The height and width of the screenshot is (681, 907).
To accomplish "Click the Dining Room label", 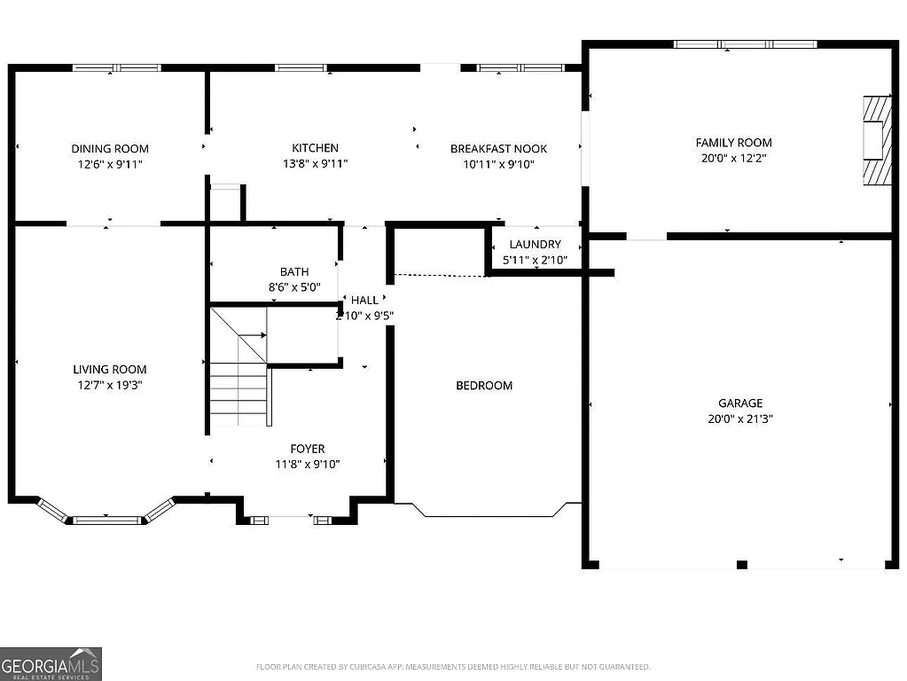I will click(x=110, y=149).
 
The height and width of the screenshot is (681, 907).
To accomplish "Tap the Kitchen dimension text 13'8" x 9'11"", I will click(x=315, y=163).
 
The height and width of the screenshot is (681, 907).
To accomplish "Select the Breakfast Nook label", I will click(x=498, y=149).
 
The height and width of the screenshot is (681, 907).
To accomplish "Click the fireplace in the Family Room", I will click(x=876, y=139).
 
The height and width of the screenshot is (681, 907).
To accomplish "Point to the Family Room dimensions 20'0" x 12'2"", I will click(x=733, y=158).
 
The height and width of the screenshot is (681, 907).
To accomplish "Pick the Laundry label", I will click(x=535, y=244).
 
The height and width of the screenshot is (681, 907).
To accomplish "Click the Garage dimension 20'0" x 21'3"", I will click(x=740, y=419).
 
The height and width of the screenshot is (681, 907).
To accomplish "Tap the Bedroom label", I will click(x=484, y=386).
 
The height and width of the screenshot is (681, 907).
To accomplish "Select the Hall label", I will click(x=364, y=301).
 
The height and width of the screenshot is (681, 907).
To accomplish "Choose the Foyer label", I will click(x=308, y=449).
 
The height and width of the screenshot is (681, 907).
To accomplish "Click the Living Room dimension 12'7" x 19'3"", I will click(x=110, y=385).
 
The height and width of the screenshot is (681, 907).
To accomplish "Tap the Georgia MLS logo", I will click(x=51, y=663).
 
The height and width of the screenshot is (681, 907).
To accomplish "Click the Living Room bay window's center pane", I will click(x=106, y=520).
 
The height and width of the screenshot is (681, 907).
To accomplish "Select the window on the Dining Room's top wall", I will click(x=116, y=67).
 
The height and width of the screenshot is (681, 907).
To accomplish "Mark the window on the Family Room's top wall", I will click(x=745, y=43).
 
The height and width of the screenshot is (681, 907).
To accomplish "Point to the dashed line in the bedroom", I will click(x=441, y=275).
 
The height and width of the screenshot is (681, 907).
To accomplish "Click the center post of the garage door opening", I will click(x=742, y=565).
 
